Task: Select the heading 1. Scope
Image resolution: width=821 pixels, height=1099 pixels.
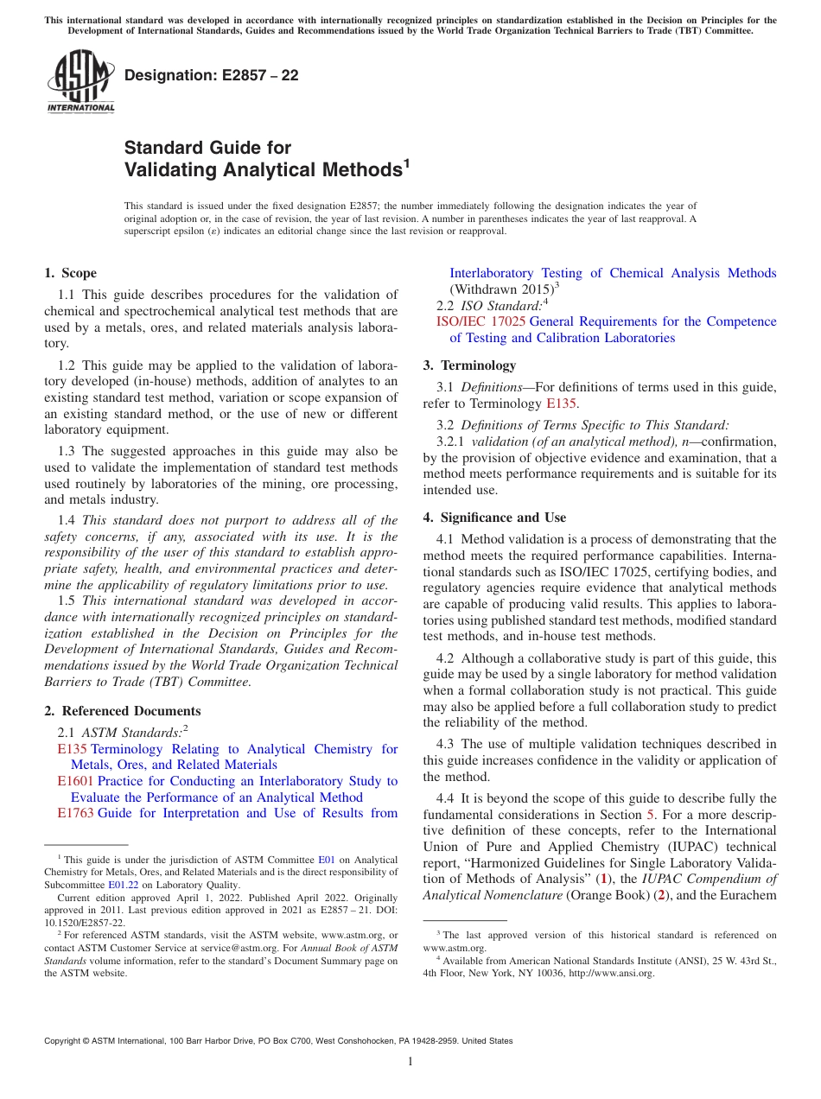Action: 71,273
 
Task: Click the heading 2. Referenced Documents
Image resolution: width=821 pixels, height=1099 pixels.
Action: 123,711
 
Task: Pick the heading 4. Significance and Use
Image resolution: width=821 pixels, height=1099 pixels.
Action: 494,518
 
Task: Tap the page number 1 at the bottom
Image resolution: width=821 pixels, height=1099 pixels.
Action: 410,1062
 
